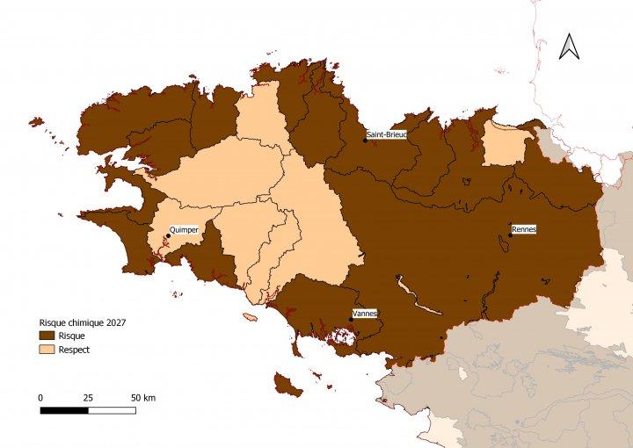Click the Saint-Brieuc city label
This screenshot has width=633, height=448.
click(x=387, y=134)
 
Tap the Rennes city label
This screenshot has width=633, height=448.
click(x=523, y=229)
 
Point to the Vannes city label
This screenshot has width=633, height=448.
click(x=364, y=314)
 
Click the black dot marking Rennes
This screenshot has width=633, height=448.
click(x=511, y=235)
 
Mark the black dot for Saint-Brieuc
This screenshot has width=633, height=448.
click(x=366, y=141)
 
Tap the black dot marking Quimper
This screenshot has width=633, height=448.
click(x=168, y=235)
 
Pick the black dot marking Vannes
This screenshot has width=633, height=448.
click(x=352, y=320)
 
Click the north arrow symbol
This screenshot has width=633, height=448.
click(x=569, y=46)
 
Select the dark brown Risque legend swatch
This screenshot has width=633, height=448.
click(x=47, y=336)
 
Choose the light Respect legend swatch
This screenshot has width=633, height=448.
click(x=47, y=350)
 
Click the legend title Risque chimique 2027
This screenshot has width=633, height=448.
click(x=83, y=322)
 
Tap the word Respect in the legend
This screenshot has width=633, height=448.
click(x=74, y=350)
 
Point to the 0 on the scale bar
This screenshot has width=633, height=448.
click(x=40, y=398)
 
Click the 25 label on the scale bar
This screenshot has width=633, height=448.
click(x=88, y=398)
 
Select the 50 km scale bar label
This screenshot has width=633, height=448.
click(x=142, y=398)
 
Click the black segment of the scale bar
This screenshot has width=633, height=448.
click(x=64, y=410)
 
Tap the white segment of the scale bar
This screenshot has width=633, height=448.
click(x=112, y=410)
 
